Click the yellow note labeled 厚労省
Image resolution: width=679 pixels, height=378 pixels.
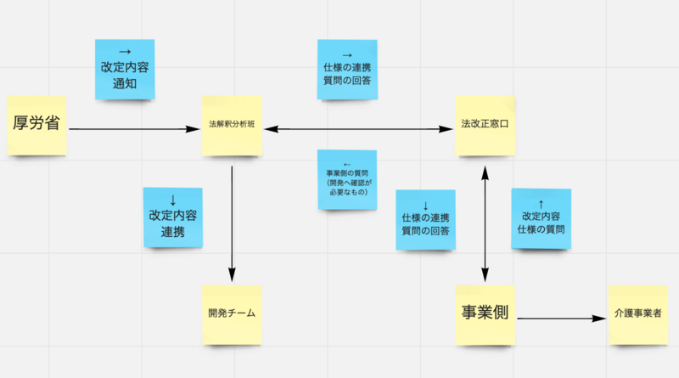[x=36, y=126]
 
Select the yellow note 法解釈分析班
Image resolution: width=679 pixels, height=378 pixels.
[x=232, y=126]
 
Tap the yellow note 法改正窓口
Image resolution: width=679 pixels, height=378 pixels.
[x=485, y=126]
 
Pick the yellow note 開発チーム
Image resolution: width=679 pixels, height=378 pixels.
[x=232, y=314]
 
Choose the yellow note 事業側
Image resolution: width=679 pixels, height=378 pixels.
[x=485, y=314]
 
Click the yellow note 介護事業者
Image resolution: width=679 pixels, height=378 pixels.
[x=638, y=314]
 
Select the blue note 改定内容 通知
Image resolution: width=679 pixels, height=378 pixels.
[x=125, y=70]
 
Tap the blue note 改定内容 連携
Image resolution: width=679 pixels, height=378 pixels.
[x=173, y=217]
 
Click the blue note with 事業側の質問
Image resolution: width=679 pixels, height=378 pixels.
[x=347, y=179]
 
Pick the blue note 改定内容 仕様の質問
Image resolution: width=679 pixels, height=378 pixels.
[x=541, y=218]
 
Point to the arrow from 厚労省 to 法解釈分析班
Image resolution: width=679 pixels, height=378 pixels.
[x=134, y=129]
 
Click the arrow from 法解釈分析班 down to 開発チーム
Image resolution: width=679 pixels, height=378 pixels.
[x=232, y=224]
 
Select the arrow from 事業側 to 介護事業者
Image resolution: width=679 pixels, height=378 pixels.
[x=562, y=319]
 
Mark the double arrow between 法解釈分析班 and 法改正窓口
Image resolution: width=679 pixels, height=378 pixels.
[x=358, y=129]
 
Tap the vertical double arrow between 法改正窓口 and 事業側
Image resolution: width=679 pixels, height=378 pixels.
[x=485, y=224]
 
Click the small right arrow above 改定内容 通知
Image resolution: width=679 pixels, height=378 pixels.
[x=125, y=52]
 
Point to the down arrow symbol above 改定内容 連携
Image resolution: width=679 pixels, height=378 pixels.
[x=173, y=200]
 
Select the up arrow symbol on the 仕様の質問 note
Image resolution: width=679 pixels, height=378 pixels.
[x=541, y=204]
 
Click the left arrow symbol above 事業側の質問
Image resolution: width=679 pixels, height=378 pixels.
[x=347, y=165]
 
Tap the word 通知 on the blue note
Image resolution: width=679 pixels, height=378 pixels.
[x=125, y=83]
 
